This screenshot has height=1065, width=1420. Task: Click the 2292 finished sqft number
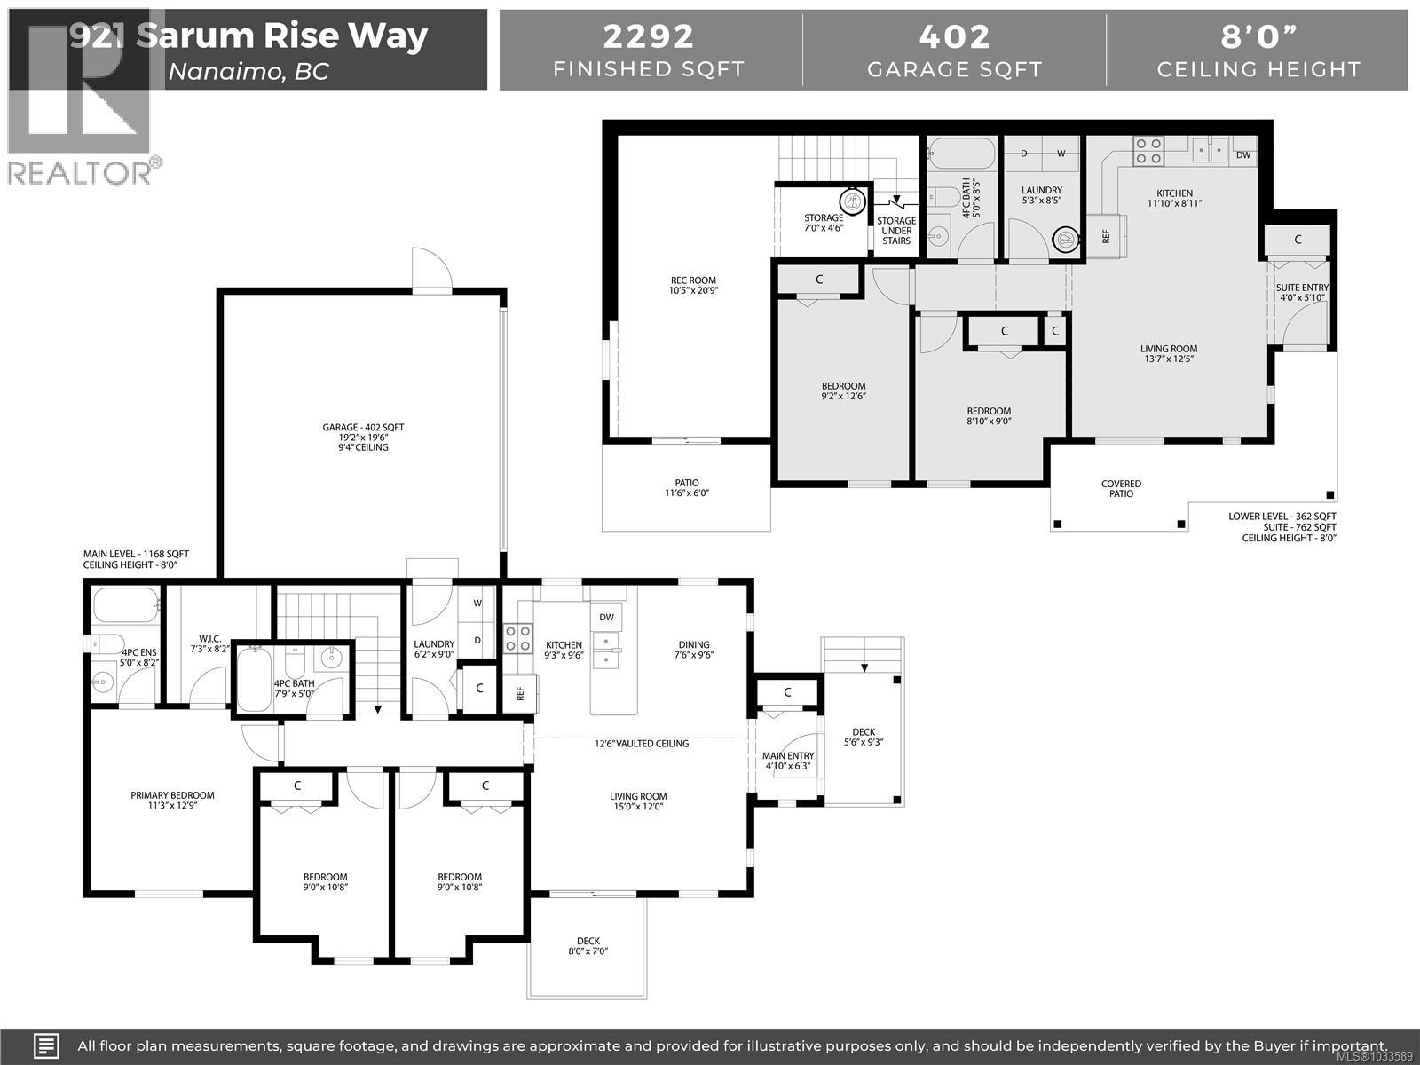(x=649, y=36)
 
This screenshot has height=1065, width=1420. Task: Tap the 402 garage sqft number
(x=954, y=36)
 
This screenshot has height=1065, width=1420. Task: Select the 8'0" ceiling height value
(x=1258, y=36)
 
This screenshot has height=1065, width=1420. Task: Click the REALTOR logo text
(x=80, y=172)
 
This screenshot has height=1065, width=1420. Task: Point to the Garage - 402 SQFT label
(x=363, y=428)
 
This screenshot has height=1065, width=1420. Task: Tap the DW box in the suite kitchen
(x=1243, y=154)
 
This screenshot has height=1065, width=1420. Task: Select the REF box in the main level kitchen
(x=520, y=692)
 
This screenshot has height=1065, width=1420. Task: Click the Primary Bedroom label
(x=172, y=796)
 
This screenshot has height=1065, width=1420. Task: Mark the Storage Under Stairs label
(x=896, y=231)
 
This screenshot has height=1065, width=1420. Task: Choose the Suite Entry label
(x=1302, y=288)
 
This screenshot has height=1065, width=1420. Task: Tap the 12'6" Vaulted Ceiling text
(x=642, y=743)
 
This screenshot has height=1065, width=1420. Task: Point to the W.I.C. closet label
(x=209, y=639)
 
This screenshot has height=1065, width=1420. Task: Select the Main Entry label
(x=788, y=756)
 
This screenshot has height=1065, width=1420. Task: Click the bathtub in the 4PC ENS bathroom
(x=125, y=606)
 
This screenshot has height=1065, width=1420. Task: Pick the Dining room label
(x=694, y=645)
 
